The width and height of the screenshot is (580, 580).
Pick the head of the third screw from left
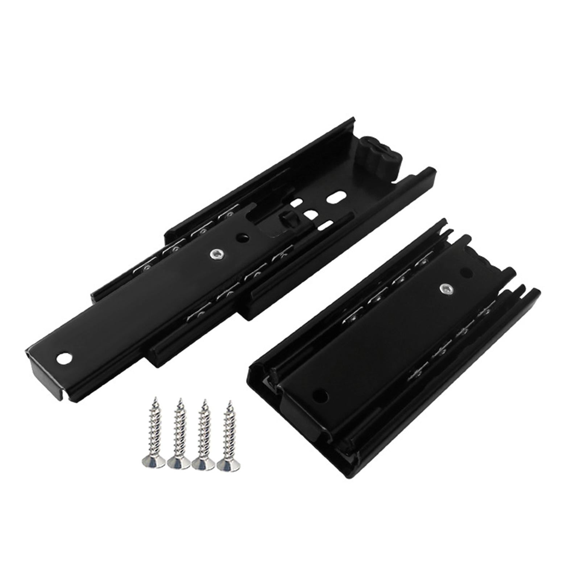coord(203,464)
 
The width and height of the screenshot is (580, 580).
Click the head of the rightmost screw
coord(228,465)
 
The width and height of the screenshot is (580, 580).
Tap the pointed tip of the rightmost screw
coord(229,402)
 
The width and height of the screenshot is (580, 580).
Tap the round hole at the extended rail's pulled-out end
coord(64,359)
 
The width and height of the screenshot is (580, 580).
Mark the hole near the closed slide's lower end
coord(320,395)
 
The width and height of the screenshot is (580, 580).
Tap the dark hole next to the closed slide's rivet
coord(466,273)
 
